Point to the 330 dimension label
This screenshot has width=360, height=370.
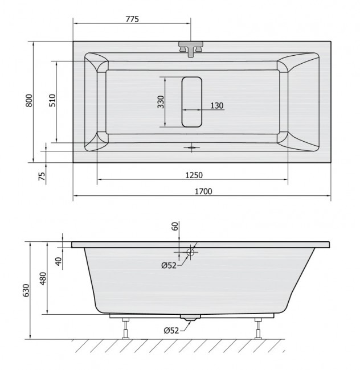click(161, 102)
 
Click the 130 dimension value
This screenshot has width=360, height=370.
click(216, 105)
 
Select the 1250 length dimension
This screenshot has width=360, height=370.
click(193, 175)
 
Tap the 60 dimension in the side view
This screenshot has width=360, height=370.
click(175, 227)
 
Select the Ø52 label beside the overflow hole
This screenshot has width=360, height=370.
click(169, 264)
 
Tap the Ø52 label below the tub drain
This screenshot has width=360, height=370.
click(171, 330)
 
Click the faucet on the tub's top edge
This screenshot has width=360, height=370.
click(191, 48)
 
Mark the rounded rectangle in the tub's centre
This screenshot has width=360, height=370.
click(192, 101)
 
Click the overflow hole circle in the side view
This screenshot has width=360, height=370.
click(190, 252)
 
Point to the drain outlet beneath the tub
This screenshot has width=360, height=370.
click(190, 319)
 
